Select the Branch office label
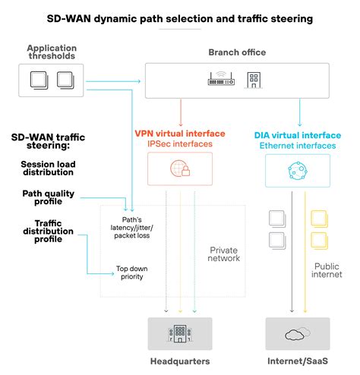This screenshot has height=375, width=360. pos(238,52)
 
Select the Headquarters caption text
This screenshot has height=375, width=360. pos(180,361)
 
